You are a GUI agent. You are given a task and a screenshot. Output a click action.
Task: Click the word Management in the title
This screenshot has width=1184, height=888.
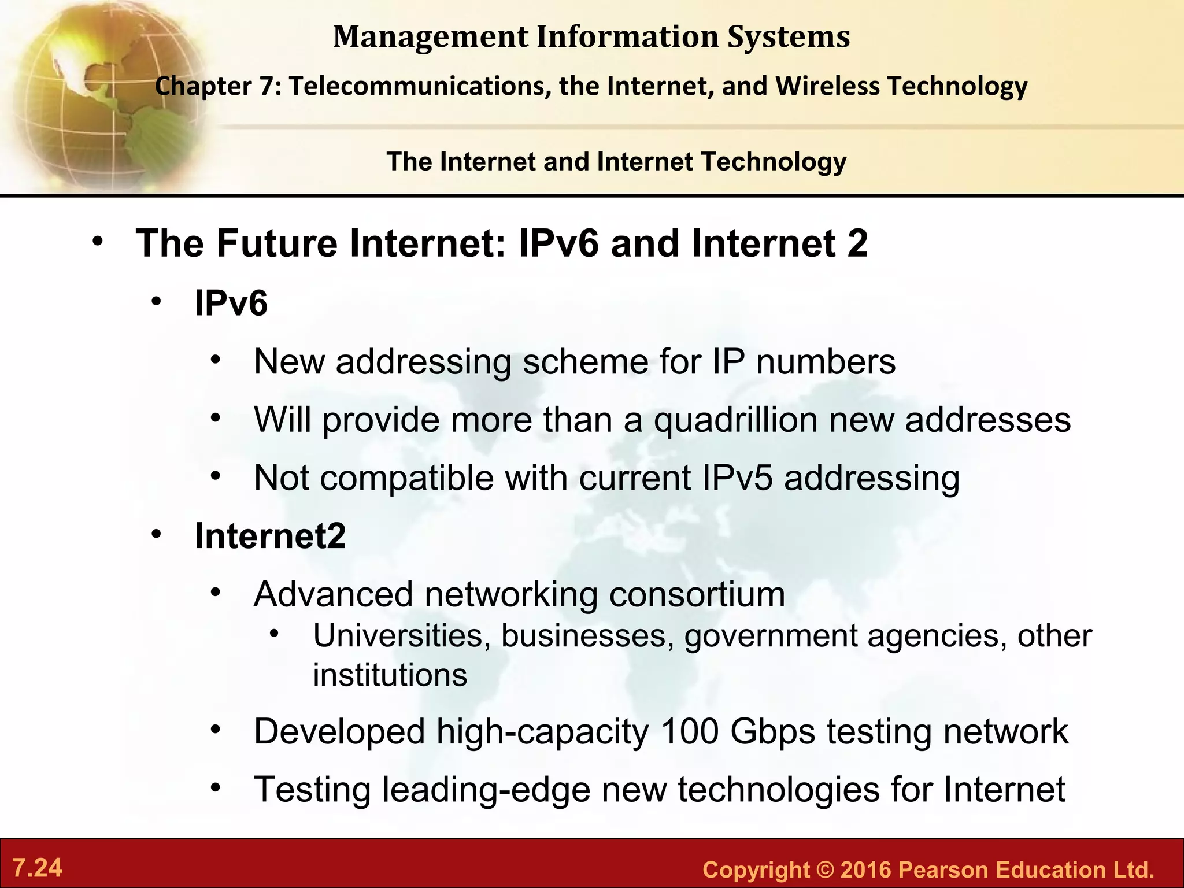coord(431,37)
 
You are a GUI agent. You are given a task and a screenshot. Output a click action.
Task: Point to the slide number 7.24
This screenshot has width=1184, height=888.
coord(38,868)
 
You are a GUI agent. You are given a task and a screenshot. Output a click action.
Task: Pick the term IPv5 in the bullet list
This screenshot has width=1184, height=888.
coord(738,478)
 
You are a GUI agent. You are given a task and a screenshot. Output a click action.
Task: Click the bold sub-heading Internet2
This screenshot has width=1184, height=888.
coord(270,536)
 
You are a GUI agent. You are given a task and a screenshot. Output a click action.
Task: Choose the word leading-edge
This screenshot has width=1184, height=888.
coord(486,790)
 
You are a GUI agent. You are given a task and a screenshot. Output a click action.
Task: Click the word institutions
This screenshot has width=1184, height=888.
coord(390,675)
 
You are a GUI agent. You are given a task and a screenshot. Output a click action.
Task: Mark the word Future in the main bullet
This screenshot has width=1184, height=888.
coord(277,243)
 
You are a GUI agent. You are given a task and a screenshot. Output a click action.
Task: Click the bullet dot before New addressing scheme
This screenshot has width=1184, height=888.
coord(216,360)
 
